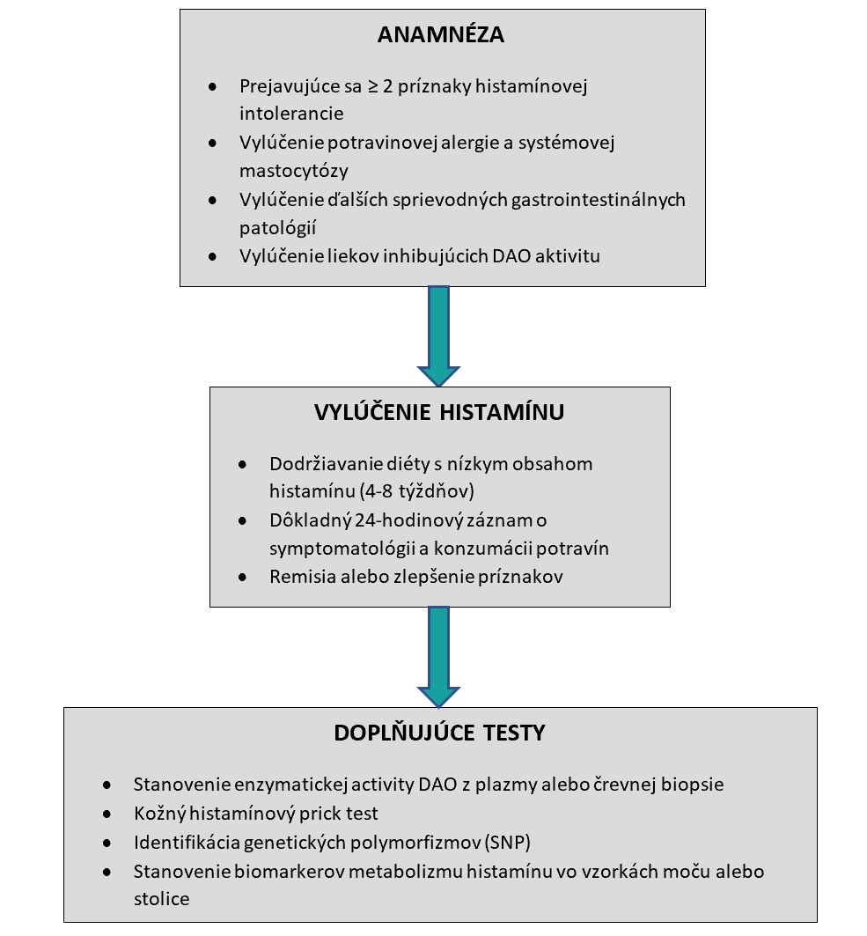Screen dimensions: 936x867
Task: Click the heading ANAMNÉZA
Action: pos(441,35)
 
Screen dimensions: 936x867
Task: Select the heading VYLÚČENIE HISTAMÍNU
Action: pos(439,412)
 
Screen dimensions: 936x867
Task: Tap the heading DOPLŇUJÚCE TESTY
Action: pos(439,733)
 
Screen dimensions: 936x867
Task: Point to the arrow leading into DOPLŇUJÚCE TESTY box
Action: pos(437,656)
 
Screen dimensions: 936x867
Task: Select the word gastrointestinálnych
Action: pos(607,199)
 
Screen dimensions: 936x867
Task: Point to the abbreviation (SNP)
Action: pos(508,842)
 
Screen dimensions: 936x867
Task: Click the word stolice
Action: pos(162,899)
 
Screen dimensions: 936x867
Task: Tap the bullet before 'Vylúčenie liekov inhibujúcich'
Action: pos(212,257)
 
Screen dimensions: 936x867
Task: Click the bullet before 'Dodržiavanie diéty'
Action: pos(242,464)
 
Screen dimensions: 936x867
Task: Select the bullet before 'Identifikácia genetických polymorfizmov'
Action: pos(107,843)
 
